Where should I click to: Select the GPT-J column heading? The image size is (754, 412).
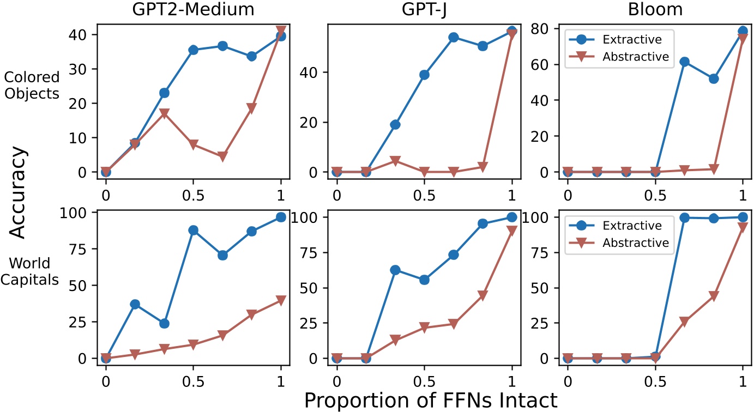424,10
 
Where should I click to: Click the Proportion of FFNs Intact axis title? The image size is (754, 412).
431,399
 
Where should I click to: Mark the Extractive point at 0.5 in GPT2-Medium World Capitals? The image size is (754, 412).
194,230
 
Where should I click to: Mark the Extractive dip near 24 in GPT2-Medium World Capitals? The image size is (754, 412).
164,323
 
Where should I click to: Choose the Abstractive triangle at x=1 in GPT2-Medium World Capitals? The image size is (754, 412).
281,300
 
